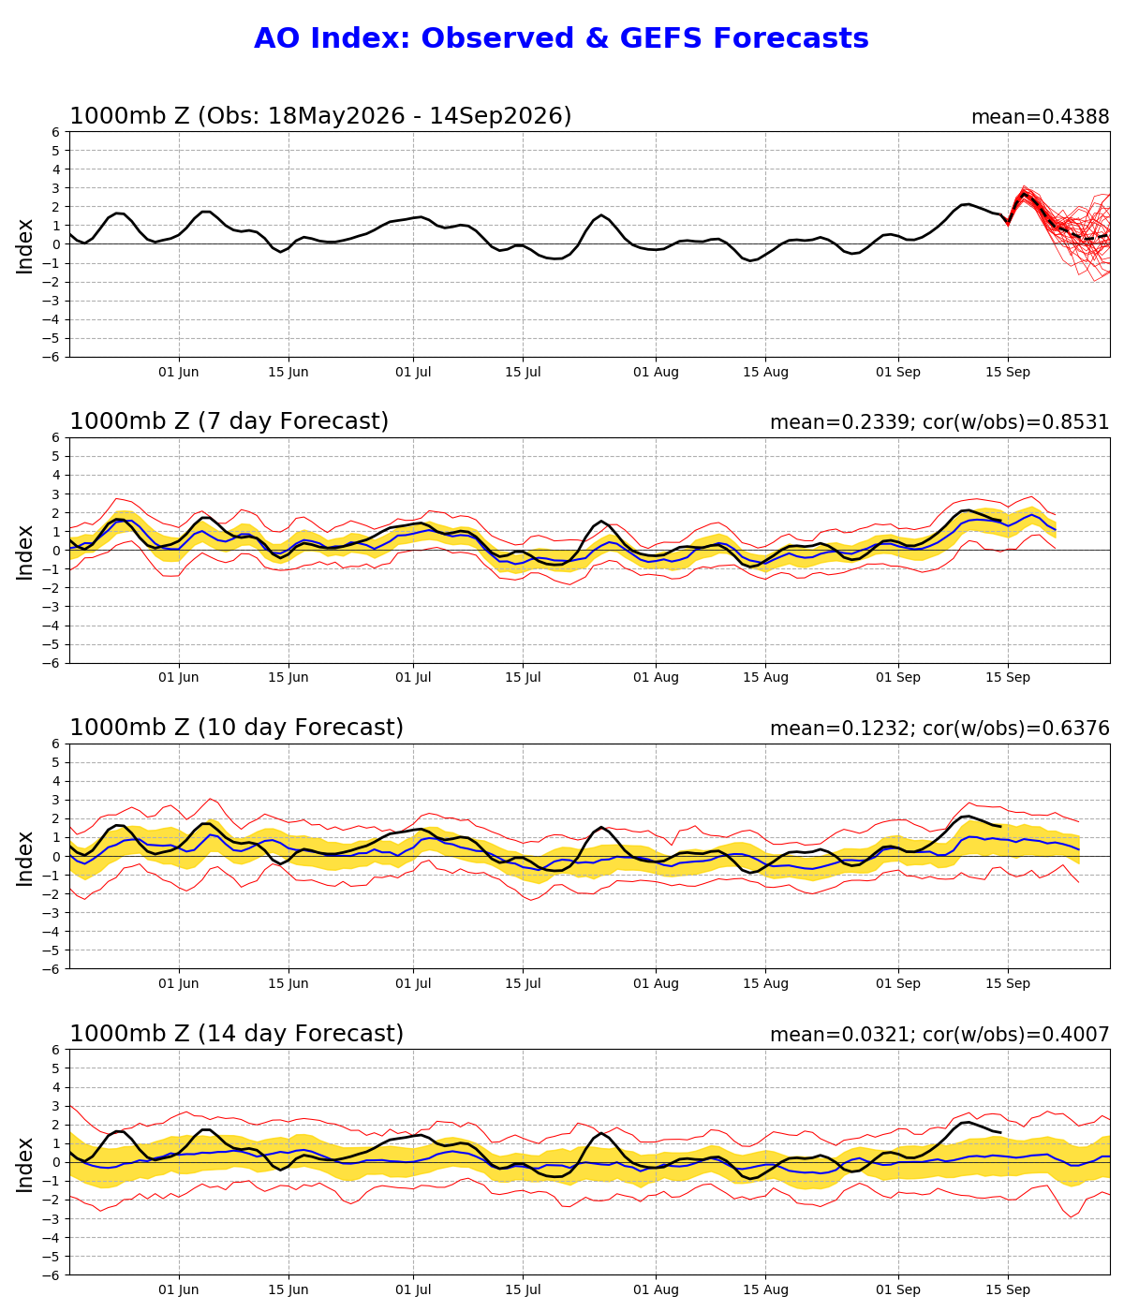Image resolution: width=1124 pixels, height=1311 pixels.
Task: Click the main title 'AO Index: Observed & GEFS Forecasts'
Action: click(x=561, y=38)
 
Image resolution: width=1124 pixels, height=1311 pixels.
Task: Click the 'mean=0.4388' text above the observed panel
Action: click(x=1041, y=117)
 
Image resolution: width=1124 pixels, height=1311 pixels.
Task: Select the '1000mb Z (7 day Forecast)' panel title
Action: click(x=229, y=421)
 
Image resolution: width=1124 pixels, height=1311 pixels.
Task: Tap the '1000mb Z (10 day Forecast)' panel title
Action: click(x=236, y=728)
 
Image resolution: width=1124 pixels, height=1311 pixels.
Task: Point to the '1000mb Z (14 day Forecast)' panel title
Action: click(x=236, y=1034)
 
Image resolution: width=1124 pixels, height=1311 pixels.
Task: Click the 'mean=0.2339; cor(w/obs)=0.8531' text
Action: click(x=939, y=422)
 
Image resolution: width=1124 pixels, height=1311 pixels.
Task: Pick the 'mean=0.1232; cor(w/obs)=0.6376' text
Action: click(x=939, y=729)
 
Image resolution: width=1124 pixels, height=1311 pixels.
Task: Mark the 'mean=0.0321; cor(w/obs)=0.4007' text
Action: click(x=939, y=1035)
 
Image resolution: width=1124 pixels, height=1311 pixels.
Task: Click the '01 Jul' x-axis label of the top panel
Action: click(x=413, y=373)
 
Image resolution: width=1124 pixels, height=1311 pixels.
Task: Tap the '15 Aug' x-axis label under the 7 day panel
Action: click(x=765, y=677)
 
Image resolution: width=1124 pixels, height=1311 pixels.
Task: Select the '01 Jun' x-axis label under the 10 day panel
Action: click(x=178, y=984)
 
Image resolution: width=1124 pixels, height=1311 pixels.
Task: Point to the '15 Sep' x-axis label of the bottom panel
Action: click(x=1008, y=1290)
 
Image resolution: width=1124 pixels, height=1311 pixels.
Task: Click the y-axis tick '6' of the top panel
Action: click(x=56, y=132)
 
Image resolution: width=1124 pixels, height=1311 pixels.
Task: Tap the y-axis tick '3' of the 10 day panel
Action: click(x=56, y=800)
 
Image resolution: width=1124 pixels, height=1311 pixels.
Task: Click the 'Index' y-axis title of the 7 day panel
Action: click(x=24, y=552)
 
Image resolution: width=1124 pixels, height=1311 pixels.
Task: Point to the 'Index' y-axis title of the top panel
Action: click(x=24, y=246)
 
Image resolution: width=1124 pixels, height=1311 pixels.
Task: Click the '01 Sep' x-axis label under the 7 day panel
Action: click(x=898, y=677)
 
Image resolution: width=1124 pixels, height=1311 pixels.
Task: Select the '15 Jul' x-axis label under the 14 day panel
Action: click(x=523, y=1290)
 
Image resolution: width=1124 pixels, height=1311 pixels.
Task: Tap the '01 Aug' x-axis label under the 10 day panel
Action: click(x=656, y=984)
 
